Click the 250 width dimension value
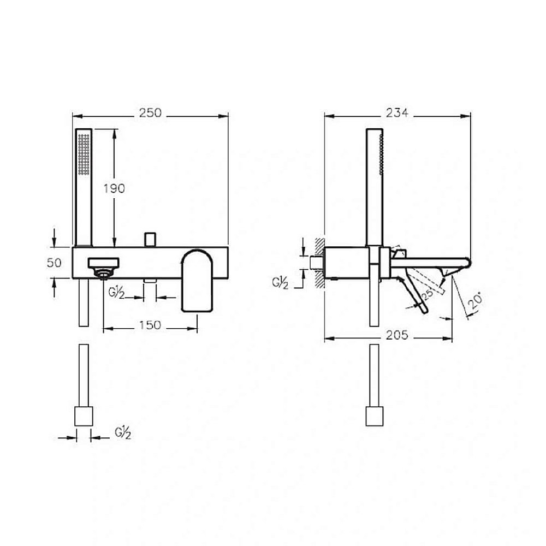click(x=151, y=113)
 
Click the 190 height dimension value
click(x=114, y=188)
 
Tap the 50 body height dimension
click(x=54, y=263)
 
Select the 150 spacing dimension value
click(x=150, y=325)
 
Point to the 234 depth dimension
click(x=397, y=113)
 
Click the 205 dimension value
click(x=397, y=335)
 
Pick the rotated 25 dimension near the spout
click(x=428, y=294)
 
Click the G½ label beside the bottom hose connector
click(x=122, y=433)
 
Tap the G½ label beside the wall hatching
click(x=280, y=283)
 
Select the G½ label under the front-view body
click(x=116, y=293)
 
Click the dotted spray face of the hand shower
click(x=84, y=155)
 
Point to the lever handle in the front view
click(x=197, y=280)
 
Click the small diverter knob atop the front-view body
click(x=150, y=239)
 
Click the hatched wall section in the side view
click(x=319, y=263)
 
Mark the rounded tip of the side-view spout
click(x=468, y=263)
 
